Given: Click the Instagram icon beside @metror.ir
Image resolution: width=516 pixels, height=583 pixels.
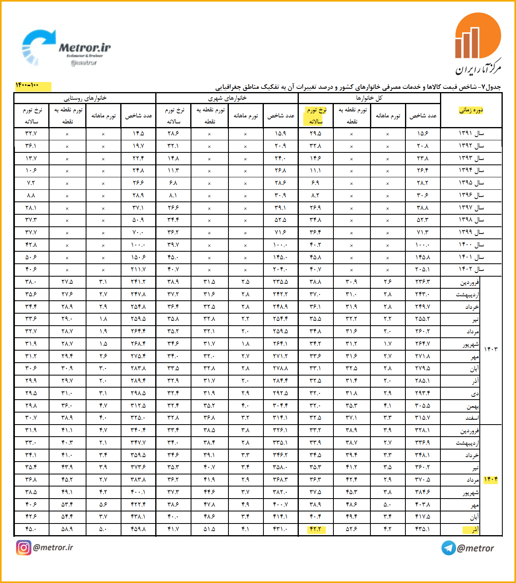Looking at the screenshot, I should click(x=23, y=548).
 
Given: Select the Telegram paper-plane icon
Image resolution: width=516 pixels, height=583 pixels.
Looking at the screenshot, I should click(x=448, y=548).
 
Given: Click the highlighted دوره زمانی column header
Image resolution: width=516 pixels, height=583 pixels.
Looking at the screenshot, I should click(x=471, y=110).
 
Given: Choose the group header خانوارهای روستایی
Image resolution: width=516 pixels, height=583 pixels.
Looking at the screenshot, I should click(x=85, y=98).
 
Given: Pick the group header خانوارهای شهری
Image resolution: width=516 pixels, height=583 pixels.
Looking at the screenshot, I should click(x=227, y=98).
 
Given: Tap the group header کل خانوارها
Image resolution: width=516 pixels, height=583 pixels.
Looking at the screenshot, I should click(x=369, y=98).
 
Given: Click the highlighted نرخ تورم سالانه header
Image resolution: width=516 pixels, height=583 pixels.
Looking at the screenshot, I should click(x=316, y=115).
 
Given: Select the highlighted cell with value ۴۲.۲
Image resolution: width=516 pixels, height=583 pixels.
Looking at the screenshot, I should click(x=316, y=529).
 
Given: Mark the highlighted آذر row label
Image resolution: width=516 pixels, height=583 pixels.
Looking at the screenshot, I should click(x=475, y=530).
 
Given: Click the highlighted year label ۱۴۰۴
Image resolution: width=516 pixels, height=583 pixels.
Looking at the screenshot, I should click(x=491, y=480).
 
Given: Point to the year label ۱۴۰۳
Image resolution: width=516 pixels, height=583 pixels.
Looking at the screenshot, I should click(x=491, y=349).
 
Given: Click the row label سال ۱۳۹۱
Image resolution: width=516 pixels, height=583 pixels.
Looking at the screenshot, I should click(x=471, y=133).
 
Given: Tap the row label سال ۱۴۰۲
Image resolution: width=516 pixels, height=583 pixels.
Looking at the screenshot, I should click(x=471, y=269).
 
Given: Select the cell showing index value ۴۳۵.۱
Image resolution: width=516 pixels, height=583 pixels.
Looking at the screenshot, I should click(x=422, y=529).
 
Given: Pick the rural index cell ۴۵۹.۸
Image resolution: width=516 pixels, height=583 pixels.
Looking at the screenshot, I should click(x=138, y=529).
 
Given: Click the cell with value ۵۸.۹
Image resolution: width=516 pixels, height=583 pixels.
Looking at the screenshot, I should click(x=67, y=529).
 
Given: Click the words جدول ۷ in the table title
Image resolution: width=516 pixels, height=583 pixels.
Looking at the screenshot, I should click(x=491, y=87).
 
